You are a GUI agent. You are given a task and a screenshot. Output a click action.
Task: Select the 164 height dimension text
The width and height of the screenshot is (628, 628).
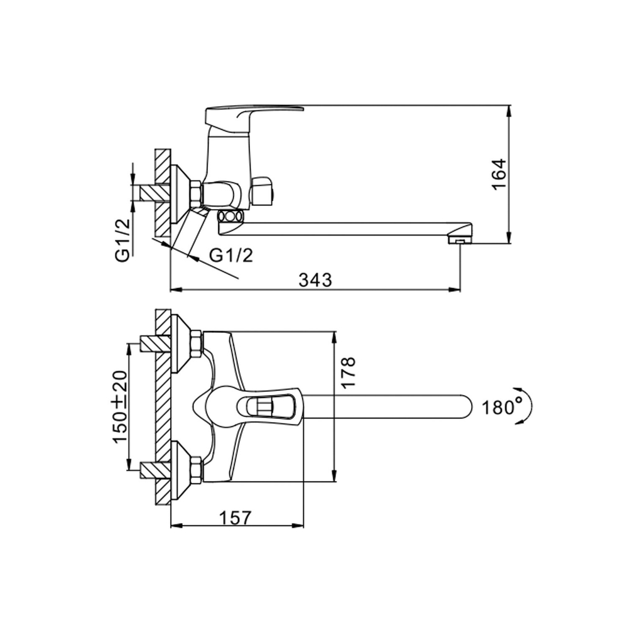pyautogui.click(x=498, y=175)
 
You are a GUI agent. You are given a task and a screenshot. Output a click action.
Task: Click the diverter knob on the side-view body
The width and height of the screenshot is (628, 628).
pyautogui.click(x=263, y=192)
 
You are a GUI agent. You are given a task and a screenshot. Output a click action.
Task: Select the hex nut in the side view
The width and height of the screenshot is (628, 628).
pyautogui.click(x=195, y=193)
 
